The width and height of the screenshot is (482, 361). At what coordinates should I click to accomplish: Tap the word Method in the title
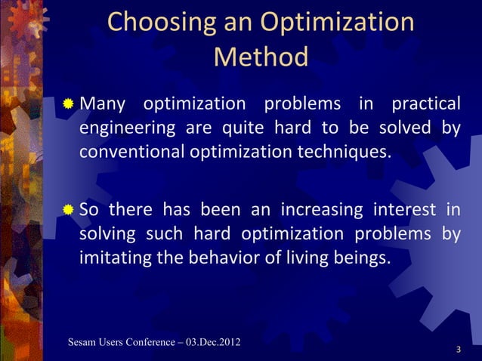(261, 57)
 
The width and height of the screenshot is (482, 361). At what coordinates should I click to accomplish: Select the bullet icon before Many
(68, 102)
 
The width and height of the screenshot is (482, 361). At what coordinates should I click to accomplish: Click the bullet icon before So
(68, 209)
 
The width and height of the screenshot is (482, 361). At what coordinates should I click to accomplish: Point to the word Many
(105, 102)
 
